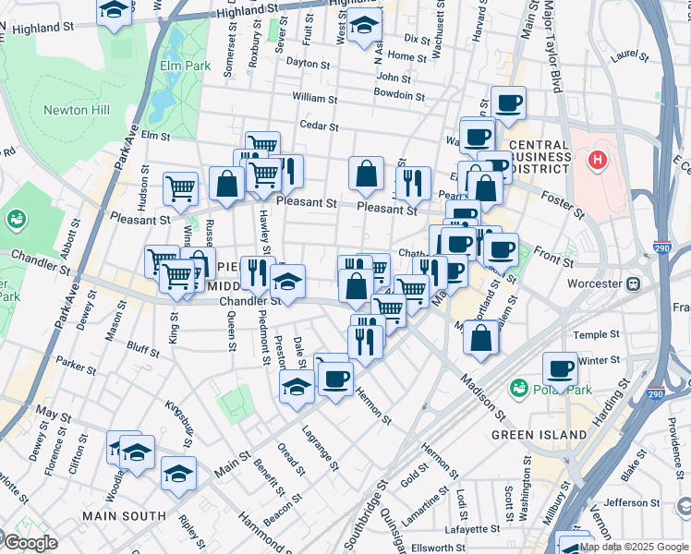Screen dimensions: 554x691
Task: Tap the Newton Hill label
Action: (77, 111)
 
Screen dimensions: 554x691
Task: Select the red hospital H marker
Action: (598, 161)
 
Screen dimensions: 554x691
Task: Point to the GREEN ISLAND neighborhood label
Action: (539, 434)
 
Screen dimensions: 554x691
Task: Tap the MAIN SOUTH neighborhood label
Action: (124, 515)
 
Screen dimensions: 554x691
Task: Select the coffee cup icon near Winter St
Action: (560, 369)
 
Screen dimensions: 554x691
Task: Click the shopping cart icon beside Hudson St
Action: (180, 188)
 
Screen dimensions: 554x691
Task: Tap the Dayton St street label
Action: (309, 65)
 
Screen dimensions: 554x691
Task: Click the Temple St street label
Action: (589, 335)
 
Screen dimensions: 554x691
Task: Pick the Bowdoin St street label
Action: (399, 95)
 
